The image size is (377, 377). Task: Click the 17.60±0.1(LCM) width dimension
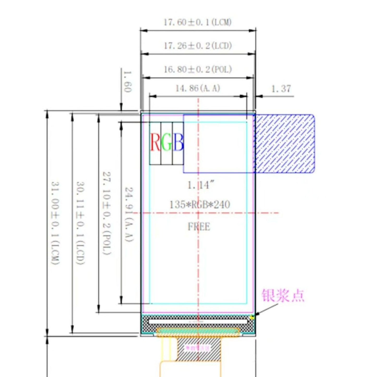click(198, 22)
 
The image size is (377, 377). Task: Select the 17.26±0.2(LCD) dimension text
click(198, 46)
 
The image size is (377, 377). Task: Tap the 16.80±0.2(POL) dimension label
click(198, 69)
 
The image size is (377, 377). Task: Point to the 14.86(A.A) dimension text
click(198, 88)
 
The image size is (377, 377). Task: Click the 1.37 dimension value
click(281, 89)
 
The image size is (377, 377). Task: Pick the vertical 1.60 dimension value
click(127, 81)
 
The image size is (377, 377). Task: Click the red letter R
click(155, 142)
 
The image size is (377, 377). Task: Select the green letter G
click(167, 142)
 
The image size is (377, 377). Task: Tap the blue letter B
click(178, 142)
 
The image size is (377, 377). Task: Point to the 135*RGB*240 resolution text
click(200, 204)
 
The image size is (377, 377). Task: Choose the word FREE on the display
click(199, 226)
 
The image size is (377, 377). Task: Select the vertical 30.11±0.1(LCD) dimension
click(81, 223)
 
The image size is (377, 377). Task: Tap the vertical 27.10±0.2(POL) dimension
click(107, 213)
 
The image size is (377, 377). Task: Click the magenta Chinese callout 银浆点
click(283, 296)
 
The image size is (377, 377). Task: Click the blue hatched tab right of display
click(285, 143)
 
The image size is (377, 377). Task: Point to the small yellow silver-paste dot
click(252, 317)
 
